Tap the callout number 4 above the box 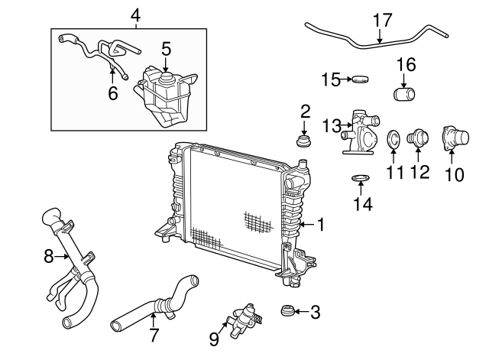pyautogui.click(x=135, y=15)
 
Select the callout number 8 pyautogui.click(x=49, y=257)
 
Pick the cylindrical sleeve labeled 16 pyautogui.click(x=405, y=96)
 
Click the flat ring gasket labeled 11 pyautogui.click(x=394, y=139)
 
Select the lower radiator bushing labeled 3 pyautogui.click(x=287, y=311)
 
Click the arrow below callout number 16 pyautogui.click(x=405, y=79)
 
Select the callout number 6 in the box pyautogui.click(x=113, y=93)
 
